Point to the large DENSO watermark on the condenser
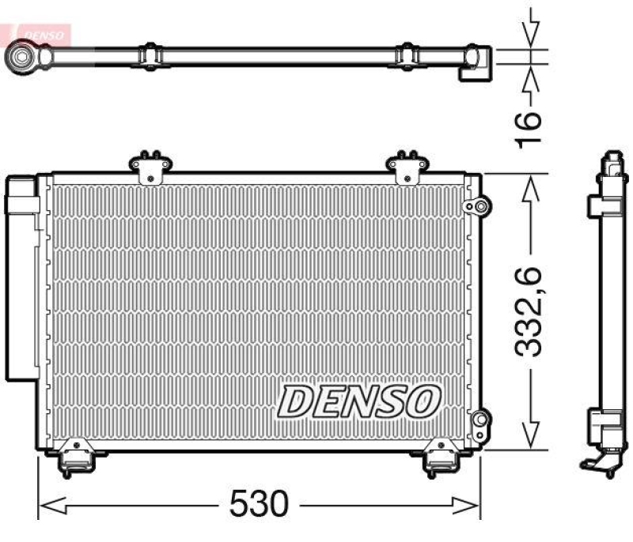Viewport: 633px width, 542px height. tap(358, 401)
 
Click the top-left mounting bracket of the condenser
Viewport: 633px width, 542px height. tap(150, 167)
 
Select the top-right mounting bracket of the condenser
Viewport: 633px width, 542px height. tap(407, 167)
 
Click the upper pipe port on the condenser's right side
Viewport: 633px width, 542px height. tap(476, 207)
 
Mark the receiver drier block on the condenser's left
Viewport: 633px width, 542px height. tap(22, 277)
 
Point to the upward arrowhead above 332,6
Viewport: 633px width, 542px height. tap(530, 186)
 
